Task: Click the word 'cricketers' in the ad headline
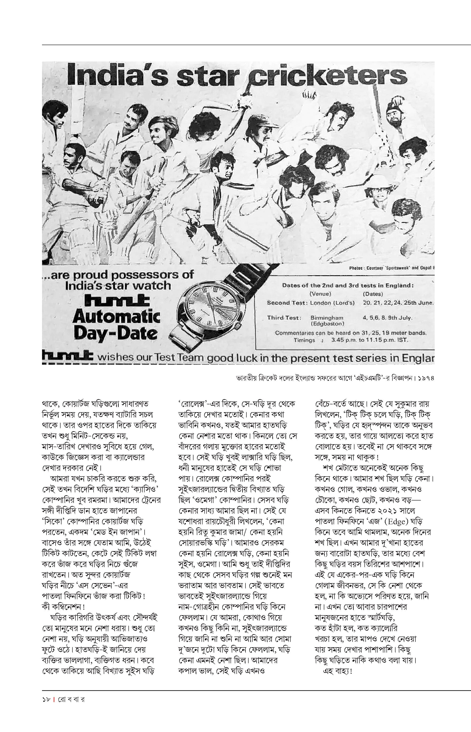(x=329, y=75)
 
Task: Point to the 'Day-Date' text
(x=116, y=333)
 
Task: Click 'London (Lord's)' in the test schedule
(x=332, y=303)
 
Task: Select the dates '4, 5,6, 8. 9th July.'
(x=387, y=318)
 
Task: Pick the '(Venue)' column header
(x=320, y=294)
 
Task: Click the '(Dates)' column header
(x=373, y=294)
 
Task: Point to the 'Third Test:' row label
(x=284, y=318)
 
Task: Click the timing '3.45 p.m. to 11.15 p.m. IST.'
(x=370, y=340)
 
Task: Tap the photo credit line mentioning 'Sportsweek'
(x=391, y=268)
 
